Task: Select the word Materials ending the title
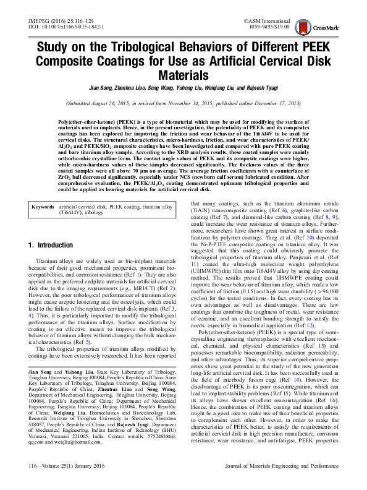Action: click(183, 75)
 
